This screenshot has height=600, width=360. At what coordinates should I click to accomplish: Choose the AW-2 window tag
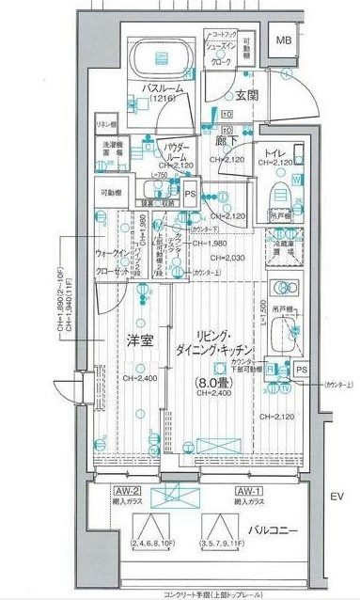click(128, 492)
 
